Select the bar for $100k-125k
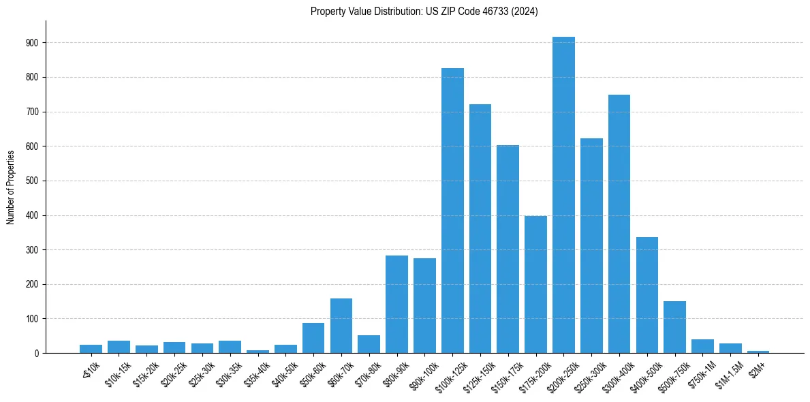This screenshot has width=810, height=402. (452, 211)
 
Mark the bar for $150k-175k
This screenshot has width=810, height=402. (508, 249)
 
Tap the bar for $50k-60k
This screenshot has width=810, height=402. (313, 338)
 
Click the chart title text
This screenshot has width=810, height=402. (424, 12)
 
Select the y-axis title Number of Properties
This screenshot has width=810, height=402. (11, 187)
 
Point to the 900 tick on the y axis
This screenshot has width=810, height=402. (32, 43)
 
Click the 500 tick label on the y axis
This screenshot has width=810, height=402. (32, 181)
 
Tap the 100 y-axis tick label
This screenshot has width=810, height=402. (32, 319)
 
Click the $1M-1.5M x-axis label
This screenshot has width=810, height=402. (727, 372)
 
